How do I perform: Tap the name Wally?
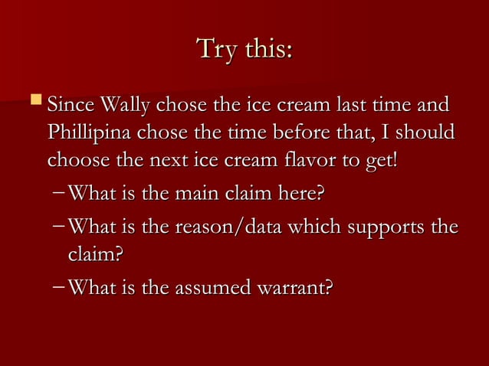(126, 103)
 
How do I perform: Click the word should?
(426, 133)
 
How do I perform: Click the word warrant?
(295, 289)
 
